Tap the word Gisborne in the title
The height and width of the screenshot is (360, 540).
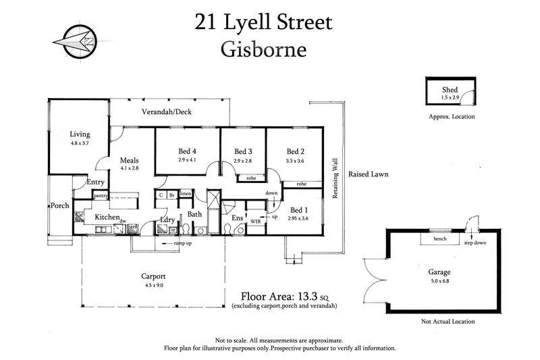pos(265,50)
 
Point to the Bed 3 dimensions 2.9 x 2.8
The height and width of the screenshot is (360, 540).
pos(242,161)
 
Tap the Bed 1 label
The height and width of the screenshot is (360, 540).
pos(297,209)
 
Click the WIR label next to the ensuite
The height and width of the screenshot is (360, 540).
pos(255,221)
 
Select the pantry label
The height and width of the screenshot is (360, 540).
pos(101,196)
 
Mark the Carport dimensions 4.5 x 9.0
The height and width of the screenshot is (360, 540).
pos(154,286)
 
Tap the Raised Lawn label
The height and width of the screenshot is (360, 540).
pos(368,174)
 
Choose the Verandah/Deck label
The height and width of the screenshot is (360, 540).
pos(166,111)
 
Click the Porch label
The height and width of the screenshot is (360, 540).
pos(60,206)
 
